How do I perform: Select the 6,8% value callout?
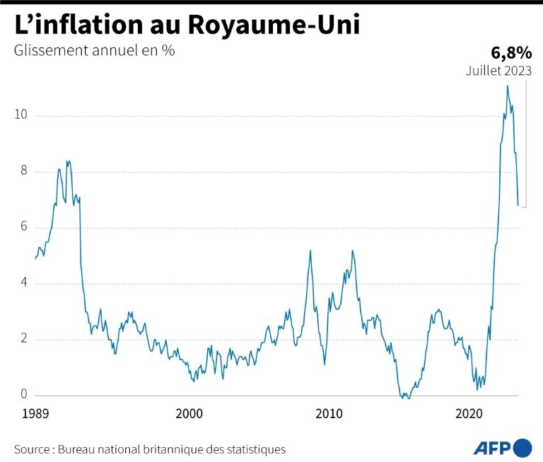(511, 52)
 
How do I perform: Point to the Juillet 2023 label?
(498, 71)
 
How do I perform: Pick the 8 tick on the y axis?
(25, 171)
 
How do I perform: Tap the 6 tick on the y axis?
(25, 227)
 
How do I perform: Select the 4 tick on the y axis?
(25, 283)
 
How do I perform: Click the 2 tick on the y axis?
(25, 339)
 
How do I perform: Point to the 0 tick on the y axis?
(25, 395)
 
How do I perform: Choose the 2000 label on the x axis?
(189, 413)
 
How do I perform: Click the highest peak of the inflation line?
(507, 86)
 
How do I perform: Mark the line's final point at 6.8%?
(518, 206)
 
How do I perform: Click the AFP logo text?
(491, 448)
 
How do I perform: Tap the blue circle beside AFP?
(522, 448)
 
